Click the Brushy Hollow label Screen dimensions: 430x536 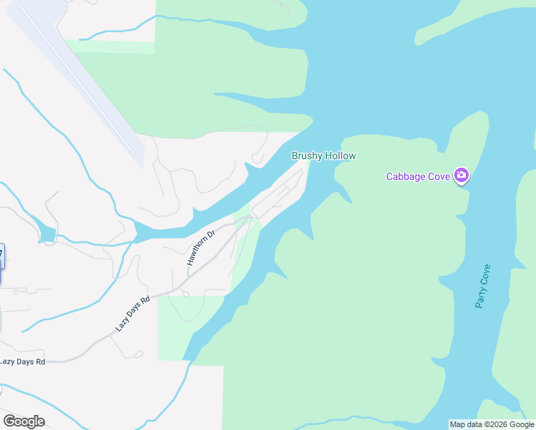[x=323, y=156]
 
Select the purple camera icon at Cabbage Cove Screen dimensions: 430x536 [x=461, y=175]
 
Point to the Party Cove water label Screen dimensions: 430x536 [x=484, y=286]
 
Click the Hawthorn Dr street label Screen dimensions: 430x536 [x=201, y=248]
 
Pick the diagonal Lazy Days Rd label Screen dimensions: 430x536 [x=133, y=314]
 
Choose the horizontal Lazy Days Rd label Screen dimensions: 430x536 [x=22, y=362]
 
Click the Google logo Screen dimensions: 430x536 [x=24, y=421]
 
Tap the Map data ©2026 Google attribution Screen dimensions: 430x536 [x=492, y=424]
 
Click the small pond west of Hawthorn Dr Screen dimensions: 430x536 [x=47, y=234]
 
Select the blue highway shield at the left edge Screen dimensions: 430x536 [x=1, y=256]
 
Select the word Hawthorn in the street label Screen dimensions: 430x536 [x=198, y=252]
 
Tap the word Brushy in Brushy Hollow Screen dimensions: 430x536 [x=306, y=156]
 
